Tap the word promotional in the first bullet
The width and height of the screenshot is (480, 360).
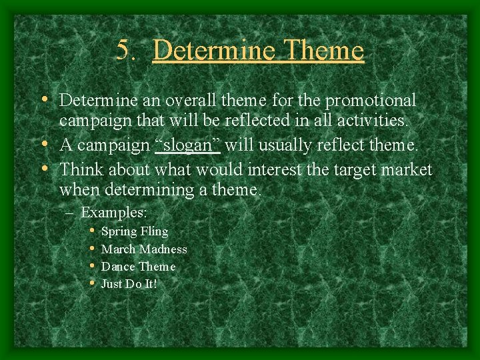[375, 101]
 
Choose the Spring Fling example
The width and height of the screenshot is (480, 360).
[134, 231]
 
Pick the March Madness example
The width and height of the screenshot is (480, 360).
[143, 249]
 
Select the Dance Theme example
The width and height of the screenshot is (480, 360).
[138, 267]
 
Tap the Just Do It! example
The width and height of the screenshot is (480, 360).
[129, 284]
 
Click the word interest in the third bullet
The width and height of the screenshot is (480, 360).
[274, 169]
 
